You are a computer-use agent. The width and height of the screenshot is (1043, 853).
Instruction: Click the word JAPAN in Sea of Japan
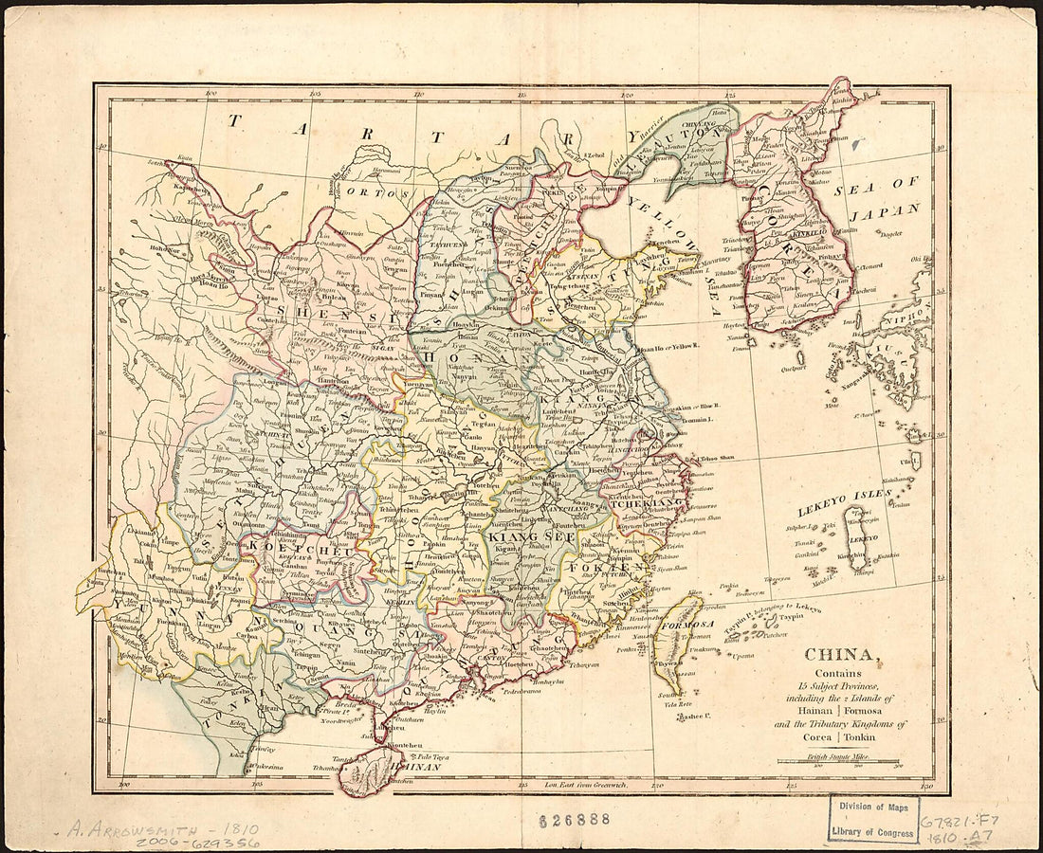885,210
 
